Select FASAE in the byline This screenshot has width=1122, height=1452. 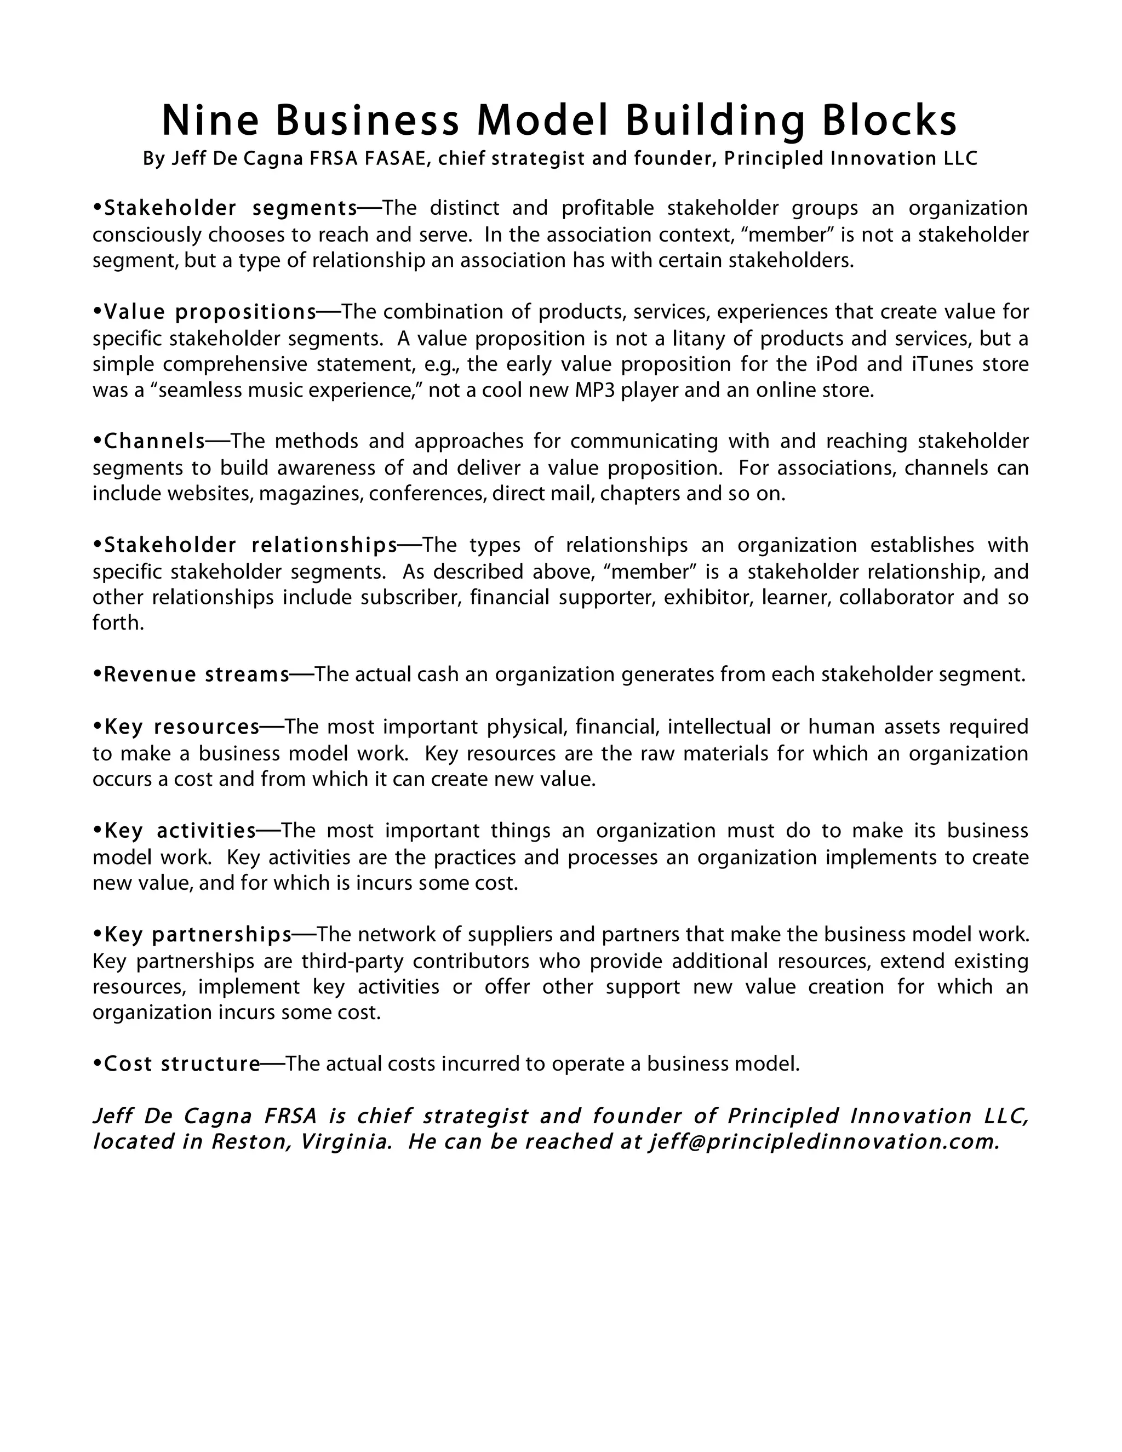(x=395, y=159)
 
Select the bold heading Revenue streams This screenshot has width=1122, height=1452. (x=197, y=675)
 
